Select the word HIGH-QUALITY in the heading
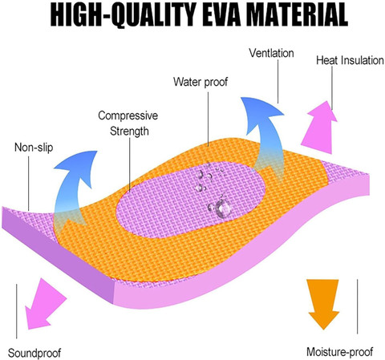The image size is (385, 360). click(x=123, y=15)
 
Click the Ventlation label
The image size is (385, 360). click(x=271, y=53)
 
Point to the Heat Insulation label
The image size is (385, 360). click(x=350, y=60)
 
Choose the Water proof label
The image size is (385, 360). click(x=201, y=82)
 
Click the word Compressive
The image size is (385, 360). click(x=128, y=115)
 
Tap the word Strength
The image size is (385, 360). click(x=129, y=131)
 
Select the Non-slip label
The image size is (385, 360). click(x=34, y=148)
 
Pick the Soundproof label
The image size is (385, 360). click(x=34, y=353)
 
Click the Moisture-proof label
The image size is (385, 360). click(x=339, y=352)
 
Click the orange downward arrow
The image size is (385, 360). click(x=323, y=304)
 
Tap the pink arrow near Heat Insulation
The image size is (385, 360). click(x=320, y=127)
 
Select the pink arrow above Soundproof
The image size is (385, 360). click(x=45, y=304)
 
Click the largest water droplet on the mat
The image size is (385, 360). click(x=223, y=208)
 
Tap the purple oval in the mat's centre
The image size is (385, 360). click(x=190, y=200)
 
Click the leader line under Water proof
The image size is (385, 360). click(x=209, y=119)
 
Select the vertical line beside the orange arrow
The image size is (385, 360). click(x=357, y=306)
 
